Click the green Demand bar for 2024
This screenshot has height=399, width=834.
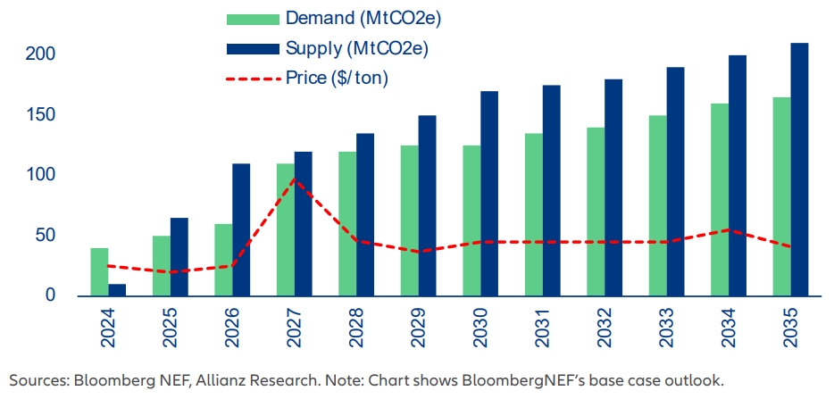[99, 272]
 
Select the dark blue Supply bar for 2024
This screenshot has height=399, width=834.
[117, 290]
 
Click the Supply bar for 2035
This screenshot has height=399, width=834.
[799, 170]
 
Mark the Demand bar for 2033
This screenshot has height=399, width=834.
[657, 205]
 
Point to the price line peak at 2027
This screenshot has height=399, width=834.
[296, 179]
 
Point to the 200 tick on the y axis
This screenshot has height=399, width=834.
[40, 54]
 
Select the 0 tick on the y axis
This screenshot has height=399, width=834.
[51, 295]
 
